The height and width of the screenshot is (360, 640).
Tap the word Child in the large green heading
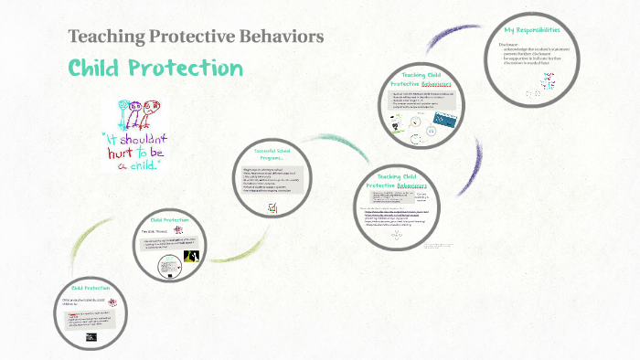[x=97, y=69]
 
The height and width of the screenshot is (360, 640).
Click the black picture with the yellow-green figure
[x=192, y=259]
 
